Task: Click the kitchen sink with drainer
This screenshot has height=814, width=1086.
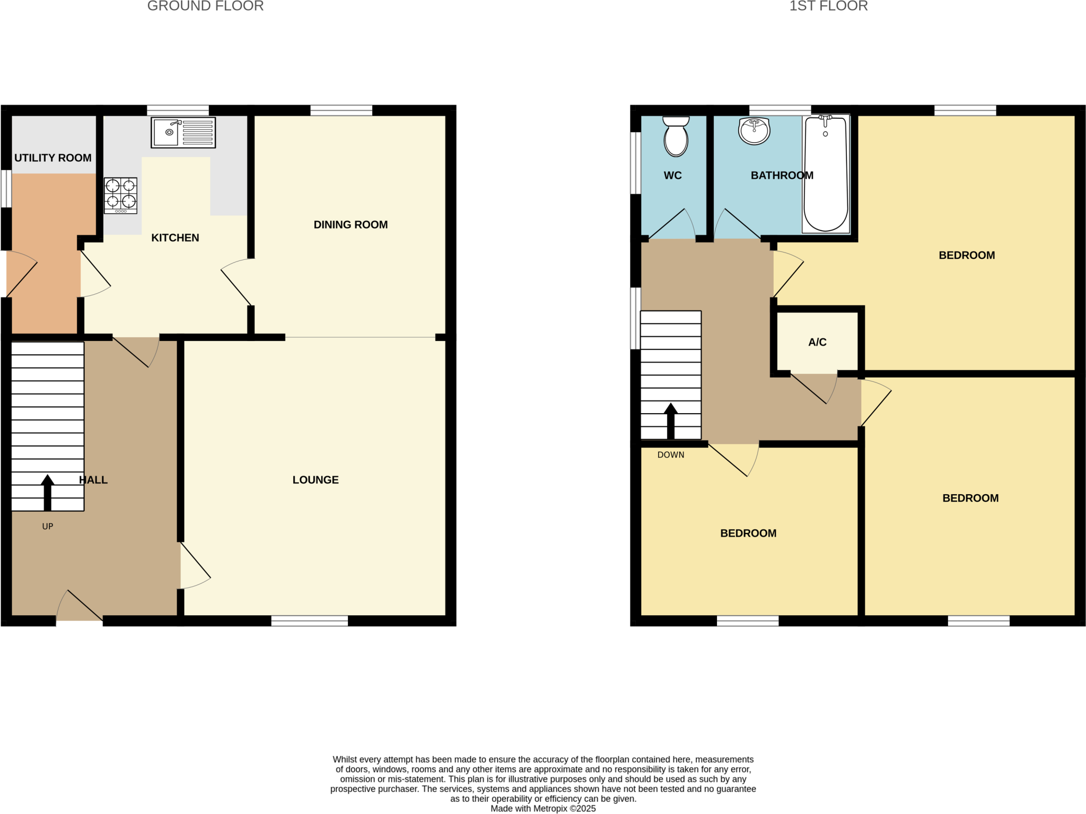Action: (183, 132)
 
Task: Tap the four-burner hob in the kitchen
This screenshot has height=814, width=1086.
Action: (120, 195)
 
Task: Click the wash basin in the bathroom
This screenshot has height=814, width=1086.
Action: (754, 130)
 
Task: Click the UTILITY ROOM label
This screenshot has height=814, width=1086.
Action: (53, 157)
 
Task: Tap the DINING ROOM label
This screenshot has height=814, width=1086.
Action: (351, 224)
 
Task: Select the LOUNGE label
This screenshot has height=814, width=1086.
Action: (316, 479)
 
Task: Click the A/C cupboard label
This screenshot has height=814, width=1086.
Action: (817, 342)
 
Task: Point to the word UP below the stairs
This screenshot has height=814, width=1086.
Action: (48, 526)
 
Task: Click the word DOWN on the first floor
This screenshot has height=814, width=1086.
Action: (671, 454)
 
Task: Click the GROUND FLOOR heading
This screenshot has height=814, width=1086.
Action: (205, 6)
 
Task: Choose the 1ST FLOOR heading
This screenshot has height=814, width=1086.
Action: (828, 6)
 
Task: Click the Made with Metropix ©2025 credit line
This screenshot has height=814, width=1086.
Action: (543, 808)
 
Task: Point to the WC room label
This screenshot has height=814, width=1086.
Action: (672, 175)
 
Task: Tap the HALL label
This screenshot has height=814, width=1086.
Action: (93, 479)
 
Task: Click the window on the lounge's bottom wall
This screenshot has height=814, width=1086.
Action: (310, 620)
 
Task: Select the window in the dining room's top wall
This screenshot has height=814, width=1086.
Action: (341, 110)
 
